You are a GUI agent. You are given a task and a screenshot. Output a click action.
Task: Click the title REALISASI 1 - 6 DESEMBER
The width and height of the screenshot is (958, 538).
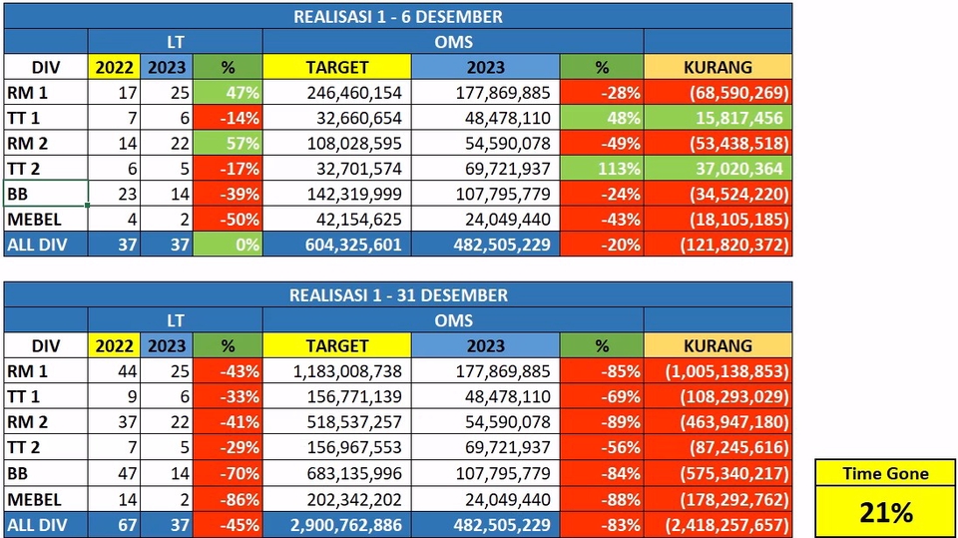397,16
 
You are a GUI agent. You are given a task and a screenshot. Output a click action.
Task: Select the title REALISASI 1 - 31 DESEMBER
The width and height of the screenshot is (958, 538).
397,294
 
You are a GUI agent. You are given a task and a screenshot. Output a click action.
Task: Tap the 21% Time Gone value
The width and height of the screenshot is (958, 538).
886,513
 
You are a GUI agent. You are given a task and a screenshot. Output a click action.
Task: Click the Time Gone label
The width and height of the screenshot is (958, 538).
886,474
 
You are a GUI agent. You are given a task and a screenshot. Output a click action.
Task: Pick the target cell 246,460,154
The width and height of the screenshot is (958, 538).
337,93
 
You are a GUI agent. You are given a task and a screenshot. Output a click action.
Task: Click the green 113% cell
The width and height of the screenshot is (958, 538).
602,169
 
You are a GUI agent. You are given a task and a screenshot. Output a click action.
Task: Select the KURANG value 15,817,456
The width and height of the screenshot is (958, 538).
718,118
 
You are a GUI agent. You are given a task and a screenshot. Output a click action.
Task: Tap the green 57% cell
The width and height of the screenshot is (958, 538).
227,143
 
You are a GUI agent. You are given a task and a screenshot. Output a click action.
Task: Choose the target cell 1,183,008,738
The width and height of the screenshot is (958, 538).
337,371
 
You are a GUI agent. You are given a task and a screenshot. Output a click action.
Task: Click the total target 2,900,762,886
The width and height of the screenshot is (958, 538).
337,524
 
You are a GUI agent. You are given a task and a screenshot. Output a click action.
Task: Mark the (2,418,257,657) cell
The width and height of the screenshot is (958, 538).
718,524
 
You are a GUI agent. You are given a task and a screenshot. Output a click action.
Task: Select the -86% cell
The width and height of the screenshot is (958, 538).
227,499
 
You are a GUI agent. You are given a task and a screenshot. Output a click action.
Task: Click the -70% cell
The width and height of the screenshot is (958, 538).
227,473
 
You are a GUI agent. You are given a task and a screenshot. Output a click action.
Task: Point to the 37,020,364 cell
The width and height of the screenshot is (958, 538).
718,169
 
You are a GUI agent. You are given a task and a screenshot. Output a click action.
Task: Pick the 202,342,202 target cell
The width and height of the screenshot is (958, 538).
337,499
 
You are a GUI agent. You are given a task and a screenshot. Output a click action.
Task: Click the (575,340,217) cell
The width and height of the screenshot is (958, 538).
718,473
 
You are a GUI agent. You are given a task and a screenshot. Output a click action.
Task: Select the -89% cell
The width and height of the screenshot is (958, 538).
602,422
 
